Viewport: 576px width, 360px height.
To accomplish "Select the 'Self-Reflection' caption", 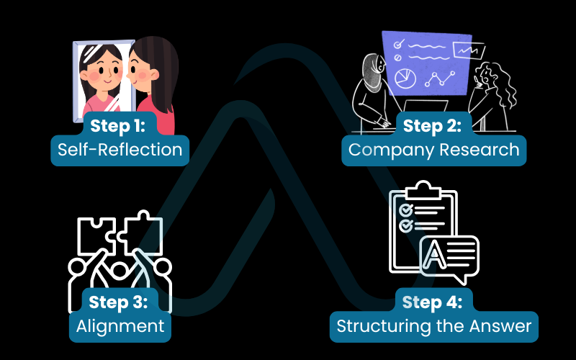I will pos(120,150).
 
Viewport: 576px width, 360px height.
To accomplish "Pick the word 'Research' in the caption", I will pos(480,150).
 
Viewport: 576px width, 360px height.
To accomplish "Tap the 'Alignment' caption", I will pos(120,325).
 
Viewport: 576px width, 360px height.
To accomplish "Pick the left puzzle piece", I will pos(96,234).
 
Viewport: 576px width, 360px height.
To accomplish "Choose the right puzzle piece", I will pos(140,234).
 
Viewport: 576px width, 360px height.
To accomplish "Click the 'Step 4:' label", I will pos(433,301).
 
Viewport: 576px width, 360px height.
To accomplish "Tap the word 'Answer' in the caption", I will pos(503,326).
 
